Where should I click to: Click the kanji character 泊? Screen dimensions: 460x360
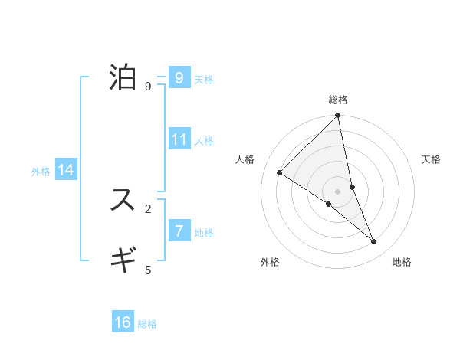coord(123,78)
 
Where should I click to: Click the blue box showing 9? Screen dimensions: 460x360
coord(179,78)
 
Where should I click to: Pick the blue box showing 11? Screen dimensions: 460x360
coord(179,139)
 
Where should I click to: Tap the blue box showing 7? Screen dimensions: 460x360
coord(179,231)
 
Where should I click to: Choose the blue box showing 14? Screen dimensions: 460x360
coord(66,170)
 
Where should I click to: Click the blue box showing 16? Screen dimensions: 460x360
coord(123,322)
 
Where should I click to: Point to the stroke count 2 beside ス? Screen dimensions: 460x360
coord(148,208)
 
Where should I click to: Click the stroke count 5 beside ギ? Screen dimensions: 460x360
coord(148,270)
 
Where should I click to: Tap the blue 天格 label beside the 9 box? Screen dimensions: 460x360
coord(204,80)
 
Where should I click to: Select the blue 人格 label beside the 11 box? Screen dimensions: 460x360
coord(204,141)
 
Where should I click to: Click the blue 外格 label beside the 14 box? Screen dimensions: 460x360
coord(41,172)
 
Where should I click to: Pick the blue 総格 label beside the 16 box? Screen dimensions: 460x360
coord(147,324)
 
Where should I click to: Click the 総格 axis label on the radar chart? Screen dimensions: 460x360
coord(338,100)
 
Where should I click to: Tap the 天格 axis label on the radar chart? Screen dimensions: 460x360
coord(432,159)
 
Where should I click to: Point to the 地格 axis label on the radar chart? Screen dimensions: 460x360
coord(402,262)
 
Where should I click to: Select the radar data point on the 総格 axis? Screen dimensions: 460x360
coord(338,116)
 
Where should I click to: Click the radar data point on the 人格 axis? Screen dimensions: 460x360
coord(280,172)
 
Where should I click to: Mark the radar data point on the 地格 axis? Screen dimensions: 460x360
coord(374,242)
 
